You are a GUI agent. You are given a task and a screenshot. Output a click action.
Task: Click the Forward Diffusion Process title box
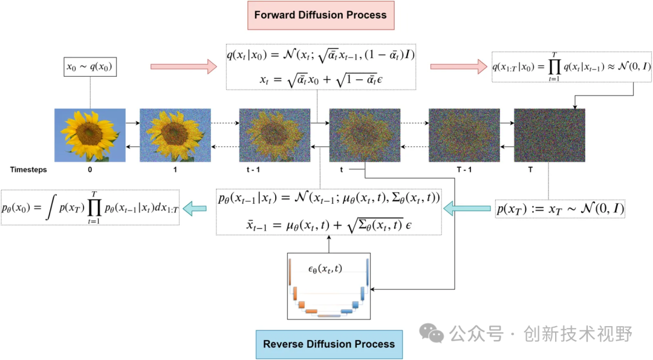pyautogui.click(x=320, y=15)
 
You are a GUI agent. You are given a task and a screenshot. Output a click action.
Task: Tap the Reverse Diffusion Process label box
pyautogui.click(x=329, y=344)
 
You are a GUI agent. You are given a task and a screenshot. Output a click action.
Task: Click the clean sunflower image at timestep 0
pyautogui.click(x=90, y=135)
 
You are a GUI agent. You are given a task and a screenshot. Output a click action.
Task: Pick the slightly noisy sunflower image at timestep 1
pyautogui.click(x=175, y=135)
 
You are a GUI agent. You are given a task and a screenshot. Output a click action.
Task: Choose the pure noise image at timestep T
pyautogui.click(x=550, y=135)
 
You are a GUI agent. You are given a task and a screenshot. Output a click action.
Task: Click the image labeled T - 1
pyautogui.click(x=464, y=135)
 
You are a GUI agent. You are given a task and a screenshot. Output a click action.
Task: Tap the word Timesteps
pyautogui.click(x=28, y=170)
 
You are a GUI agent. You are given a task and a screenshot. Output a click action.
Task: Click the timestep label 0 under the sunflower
pyautogui.click(x=90, y=170)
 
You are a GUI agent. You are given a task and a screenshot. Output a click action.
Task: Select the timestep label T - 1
pyautogui.click(x=464, y=170)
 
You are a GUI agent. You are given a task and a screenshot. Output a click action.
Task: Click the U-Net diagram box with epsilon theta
pyautogui.click(x=329, y=286)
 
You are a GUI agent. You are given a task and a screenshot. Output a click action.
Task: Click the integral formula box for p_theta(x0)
pyautogui.click(x=90, y=208)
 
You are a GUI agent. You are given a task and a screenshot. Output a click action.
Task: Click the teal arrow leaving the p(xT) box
pyautogui.click(x=467, y=209)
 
